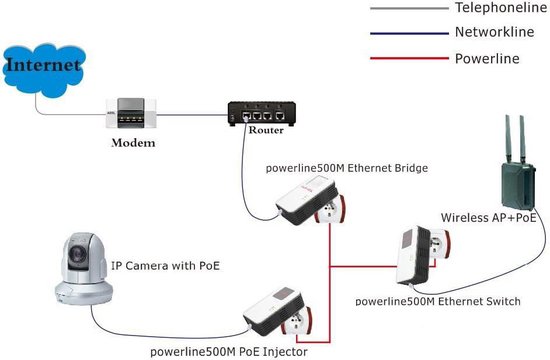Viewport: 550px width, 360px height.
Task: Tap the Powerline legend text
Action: point(487,59)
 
